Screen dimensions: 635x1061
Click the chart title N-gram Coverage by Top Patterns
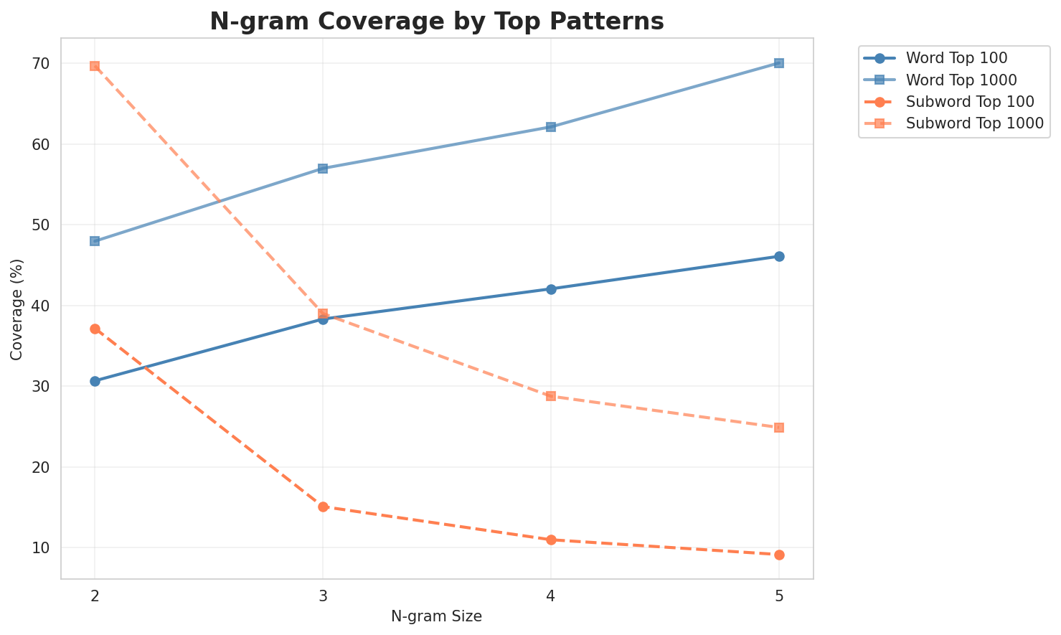pyautogui.click(x=436, y=22)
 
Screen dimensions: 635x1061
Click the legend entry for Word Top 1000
pyautogui.click(x=952, y=79)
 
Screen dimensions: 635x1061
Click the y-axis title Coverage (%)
pyautogui.click(x=16, y=309)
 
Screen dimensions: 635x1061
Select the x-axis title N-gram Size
pyautogui.click(x=436, y=616)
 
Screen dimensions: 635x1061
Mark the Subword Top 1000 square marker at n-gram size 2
pyautogui.click(x=95, y=66)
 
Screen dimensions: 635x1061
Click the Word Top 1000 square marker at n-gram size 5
pyautogui.click(x=779, y=63)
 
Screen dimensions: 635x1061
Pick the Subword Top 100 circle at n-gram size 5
pyautogui.click(x=779, y=555)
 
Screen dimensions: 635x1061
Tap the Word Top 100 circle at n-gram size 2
pyautogui.click(x=95, y=381)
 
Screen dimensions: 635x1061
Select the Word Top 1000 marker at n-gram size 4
pyautogui.click(x=551, y=127)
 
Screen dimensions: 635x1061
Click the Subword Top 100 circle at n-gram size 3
pyautogui.click(x=323, y=507)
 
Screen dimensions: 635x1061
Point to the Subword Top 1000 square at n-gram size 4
pyautogui.click(x=551, y=396)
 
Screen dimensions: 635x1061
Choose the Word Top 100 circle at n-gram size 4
pyautogui.click(x=551, y=289)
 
